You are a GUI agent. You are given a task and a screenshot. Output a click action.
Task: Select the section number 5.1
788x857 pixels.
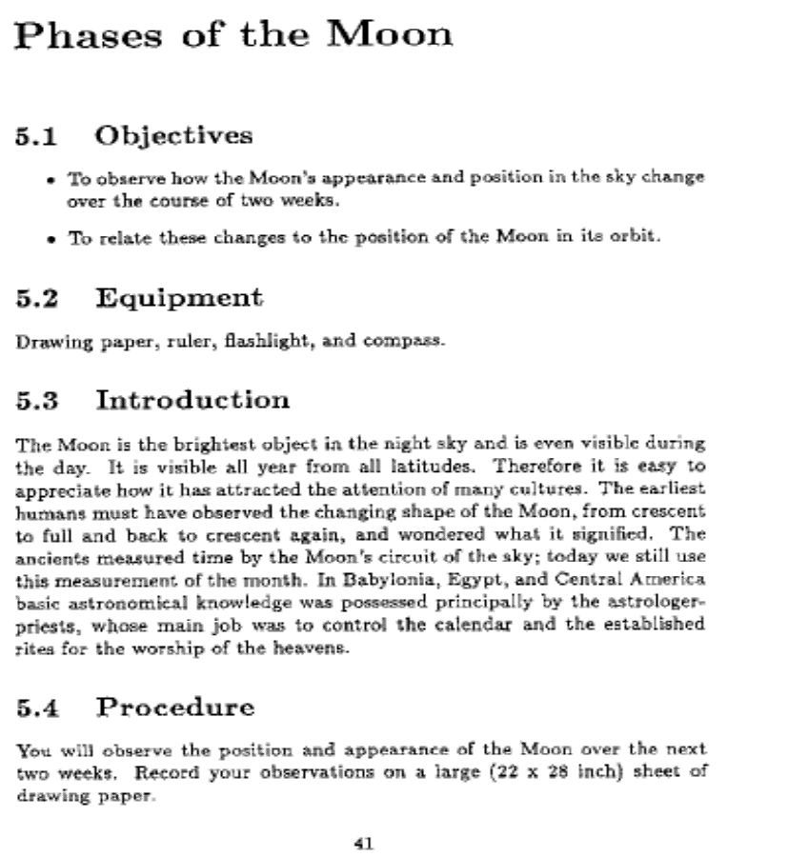[x=38, y=135]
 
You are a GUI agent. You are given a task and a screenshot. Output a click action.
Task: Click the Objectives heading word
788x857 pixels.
[x=173, y=135]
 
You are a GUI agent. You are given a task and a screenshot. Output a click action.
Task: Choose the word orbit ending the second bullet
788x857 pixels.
[x=636, y=237]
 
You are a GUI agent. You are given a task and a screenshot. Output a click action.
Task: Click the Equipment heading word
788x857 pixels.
[x=178, y=298]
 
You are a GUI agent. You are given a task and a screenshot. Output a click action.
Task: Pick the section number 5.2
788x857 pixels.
[x=38, y=298]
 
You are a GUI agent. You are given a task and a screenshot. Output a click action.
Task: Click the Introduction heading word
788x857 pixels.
[x=192, y=401]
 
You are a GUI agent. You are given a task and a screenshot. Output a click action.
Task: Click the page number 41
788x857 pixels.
[x=363, y=843]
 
